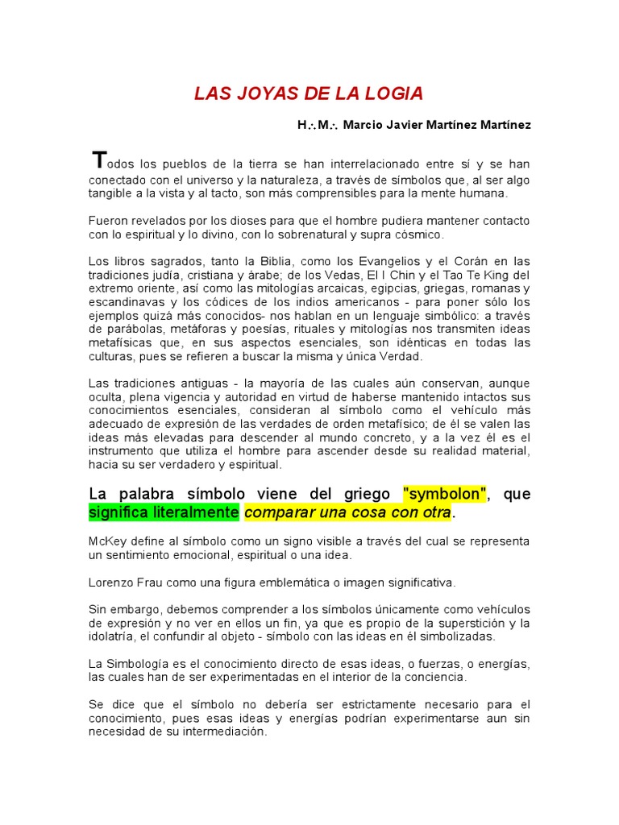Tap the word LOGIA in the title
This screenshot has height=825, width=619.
click(x=395, y=93)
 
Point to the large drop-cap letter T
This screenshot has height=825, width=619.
click(x=98, y=159)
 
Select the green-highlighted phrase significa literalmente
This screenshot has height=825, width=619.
click(x=164, y=512)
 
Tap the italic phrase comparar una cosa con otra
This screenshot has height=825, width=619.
click(x=347, y=512)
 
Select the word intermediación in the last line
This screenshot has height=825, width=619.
click(x=225, y=732)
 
